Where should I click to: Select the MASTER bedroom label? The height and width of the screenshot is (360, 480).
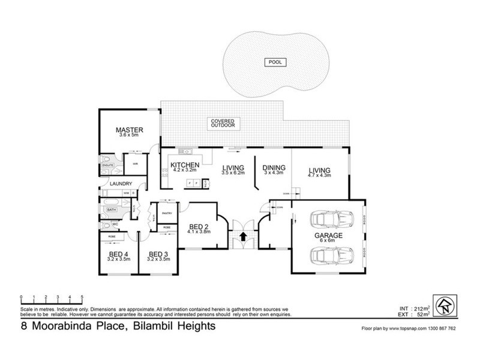click(128, 130)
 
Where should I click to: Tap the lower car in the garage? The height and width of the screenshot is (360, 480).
click(328, 256)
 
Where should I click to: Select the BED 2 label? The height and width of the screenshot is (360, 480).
click(199, 226)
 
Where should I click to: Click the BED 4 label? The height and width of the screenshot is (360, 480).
click(114, 254)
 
